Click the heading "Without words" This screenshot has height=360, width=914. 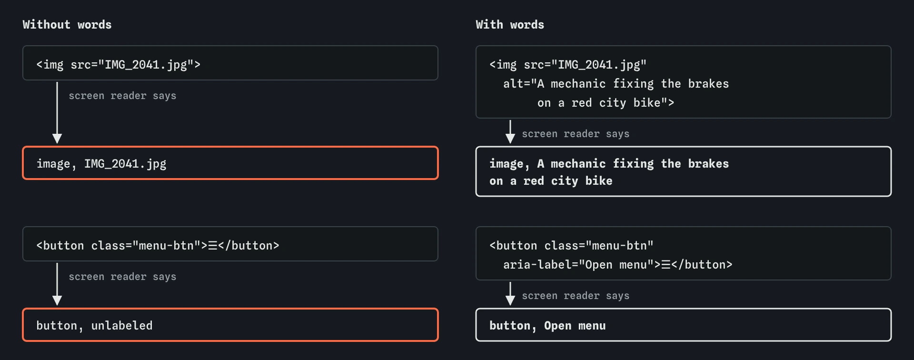point(67,25)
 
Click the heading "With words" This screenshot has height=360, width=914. point(510,25)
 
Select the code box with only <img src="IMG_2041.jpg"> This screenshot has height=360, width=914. point(230,63)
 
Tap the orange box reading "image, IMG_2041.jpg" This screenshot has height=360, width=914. point(230,163)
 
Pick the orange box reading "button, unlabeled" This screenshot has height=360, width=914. point(230,325)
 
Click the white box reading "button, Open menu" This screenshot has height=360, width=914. point(684,325)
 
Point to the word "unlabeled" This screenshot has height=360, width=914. point(122,326)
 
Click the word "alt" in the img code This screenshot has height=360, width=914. point(513,84)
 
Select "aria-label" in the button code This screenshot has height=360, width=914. point(537,265)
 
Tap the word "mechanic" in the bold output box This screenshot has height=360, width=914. point(578,164)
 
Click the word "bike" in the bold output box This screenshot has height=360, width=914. point(599,181)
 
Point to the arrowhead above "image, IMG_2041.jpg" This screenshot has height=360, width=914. point(57,139)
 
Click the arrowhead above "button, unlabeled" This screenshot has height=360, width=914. point(57,300)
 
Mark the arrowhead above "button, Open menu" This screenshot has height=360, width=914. point(510,300)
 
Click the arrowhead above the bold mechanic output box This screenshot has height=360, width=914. point(510,139)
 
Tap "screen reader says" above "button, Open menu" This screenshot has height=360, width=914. point(576,296)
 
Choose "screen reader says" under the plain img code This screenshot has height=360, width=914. point(122,96)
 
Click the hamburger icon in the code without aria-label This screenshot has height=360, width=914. point(213,246)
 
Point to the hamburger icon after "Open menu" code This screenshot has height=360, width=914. point(666,265)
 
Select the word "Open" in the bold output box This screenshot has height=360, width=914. point(558,326)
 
